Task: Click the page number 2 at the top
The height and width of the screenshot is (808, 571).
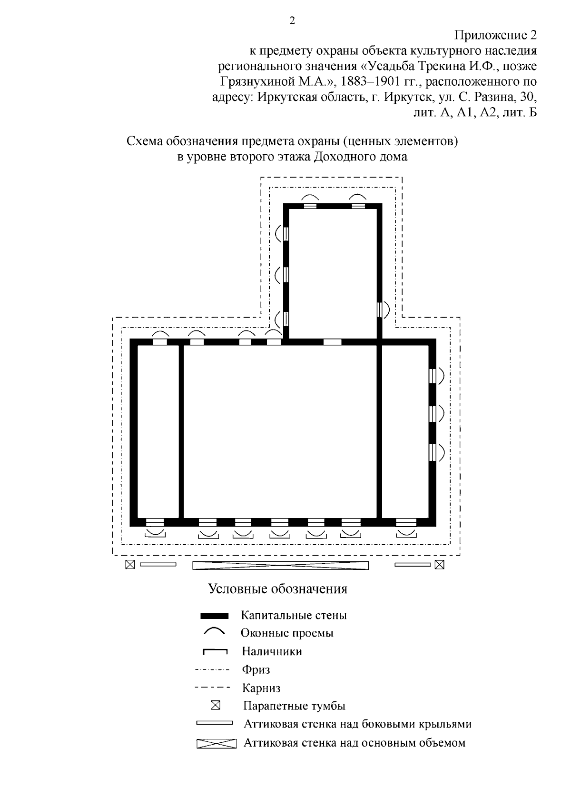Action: pos(292,20)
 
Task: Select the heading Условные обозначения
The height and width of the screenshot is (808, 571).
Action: pos(278,589)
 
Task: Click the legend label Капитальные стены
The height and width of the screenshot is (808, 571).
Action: pos(294,615)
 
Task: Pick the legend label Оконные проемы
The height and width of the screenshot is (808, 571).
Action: pos(286,633)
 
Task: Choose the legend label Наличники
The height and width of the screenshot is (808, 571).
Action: pos(272,651)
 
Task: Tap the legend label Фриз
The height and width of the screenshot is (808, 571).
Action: pos(256,670)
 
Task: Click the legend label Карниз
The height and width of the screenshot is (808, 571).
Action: pos(261,688)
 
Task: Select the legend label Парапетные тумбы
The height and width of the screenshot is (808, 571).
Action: pos(294,706)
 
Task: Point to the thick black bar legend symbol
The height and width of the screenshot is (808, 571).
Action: pos(214,615)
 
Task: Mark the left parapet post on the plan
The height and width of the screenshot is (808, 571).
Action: pos(130,565)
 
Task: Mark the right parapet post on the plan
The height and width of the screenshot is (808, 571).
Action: pos(440,565)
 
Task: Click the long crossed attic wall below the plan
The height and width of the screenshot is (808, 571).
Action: pos(281,565)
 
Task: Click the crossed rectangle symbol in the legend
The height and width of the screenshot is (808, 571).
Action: pos(216,743)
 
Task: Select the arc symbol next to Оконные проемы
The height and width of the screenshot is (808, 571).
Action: pos(214,631)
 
